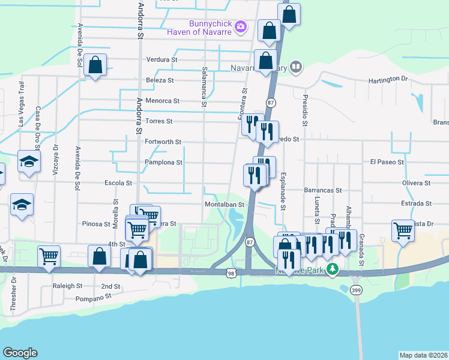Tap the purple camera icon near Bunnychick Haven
point(241,26)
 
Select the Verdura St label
point(162,60)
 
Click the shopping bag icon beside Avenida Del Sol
point(95,65)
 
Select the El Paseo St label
point(385,162)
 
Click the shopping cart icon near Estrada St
point(403,230)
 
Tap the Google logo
point(20,353)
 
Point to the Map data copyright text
point(423,355)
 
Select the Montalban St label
point(224,204)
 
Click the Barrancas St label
point(322,190)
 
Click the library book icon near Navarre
point(296,67)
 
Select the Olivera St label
point(417,183)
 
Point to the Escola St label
point(118,183)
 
